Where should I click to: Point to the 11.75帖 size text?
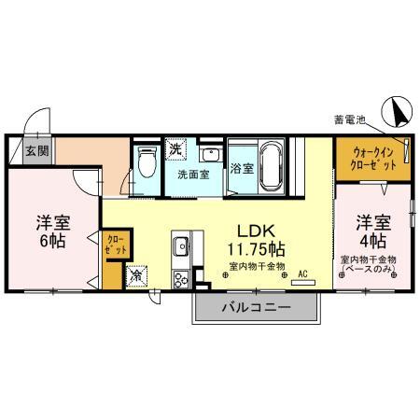tap(257, 249)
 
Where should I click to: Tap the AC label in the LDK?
tap(302, 273)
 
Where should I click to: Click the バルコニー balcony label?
tap(257, 307)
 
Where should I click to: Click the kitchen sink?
tap(180, 249)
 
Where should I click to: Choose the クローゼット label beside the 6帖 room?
tap(115, 245)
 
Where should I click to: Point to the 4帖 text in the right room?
tap(371, 241)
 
